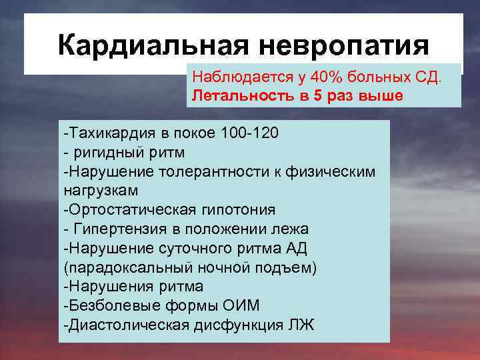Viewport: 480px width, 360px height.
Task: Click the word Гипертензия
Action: pyautogui.click(x=114, y=229)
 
